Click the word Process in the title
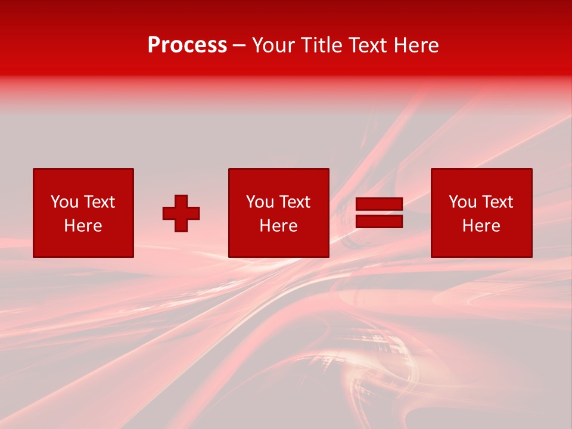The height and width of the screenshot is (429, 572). click(x=187, y=45)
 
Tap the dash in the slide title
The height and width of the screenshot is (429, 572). click(x=240, y=46)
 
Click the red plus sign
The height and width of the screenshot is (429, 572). click(x=181, y=213)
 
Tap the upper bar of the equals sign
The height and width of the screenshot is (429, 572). click(x=379, y=204)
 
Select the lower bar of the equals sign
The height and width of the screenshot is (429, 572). click(x=379, y=221)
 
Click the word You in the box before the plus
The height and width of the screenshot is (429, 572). click(x=64, y=202)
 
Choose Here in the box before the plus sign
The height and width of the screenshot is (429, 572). click(x=83, y=226)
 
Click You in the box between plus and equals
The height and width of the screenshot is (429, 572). click(x=260, y=202)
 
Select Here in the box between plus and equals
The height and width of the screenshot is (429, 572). click(x=278, y=226)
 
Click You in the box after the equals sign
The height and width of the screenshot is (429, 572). click(x=462, y=202)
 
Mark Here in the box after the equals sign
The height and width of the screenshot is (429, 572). click(x=481, y=226)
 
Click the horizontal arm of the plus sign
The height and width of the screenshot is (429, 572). click(x=169, y=213)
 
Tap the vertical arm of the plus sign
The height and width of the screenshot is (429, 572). click(x=181, y=200)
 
